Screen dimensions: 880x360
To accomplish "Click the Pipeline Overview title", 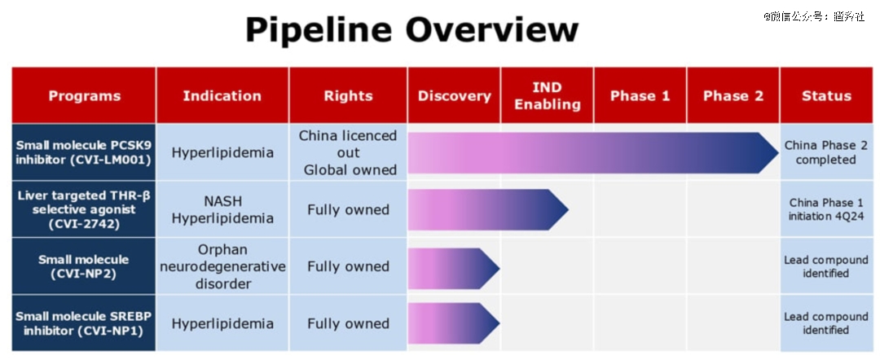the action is (412, 29).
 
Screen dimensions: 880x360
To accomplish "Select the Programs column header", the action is (84, 96).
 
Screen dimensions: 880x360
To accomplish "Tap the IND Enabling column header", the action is (548, 96).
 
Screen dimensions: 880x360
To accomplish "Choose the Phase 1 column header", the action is (640, 96).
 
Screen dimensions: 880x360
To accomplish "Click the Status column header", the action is (826, 96).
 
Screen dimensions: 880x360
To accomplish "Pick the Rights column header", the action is (348, 96).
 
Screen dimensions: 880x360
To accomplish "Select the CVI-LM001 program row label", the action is (84, 152).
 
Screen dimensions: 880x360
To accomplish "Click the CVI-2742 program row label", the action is (84, 209).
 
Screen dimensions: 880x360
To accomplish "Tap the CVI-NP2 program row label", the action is (84, 266).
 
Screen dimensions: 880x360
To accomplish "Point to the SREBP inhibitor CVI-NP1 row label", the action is (84, 323).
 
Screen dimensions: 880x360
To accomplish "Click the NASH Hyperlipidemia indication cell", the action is (222, 209).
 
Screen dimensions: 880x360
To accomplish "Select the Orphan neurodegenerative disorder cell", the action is (222, 266).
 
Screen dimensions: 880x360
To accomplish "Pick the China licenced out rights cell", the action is (348, 152).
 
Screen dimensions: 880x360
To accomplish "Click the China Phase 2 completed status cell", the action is (826, 152).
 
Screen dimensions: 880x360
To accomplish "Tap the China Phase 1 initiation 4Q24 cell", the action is (826, 209).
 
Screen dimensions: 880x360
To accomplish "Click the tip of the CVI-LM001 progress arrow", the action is (778, 153).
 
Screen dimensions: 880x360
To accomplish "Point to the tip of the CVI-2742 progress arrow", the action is (569, 209).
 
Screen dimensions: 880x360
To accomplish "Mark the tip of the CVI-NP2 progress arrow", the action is (499, 269).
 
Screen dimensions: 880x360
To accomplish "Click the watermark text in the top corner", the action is (813, 16).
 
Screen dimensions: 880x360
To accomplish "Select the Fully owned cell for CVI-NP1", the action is (348, 323).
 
